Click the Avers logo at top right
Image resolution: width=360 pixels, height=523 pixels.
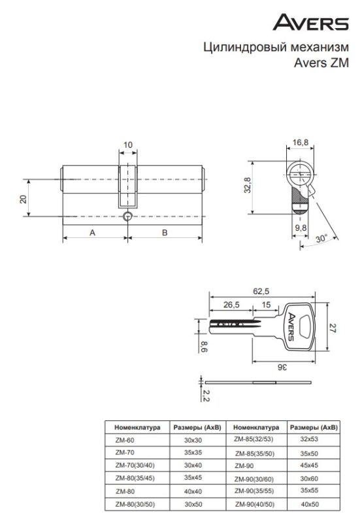pyautogui.click(x=310, y=22)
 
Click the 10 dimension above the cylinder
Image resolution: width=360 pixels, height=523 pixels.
pyautogui.click(x=128, y=145)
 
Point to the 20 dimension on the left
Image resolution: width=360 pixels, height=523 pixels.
pyautogui.click(x=23, y=199)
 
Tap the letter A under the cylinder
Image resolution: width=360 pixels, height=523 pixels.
pyautogui.click(x=92, y=233)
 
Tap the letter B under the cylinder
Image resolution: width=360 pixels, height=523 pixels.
pyautogui.click(x=165, y=233)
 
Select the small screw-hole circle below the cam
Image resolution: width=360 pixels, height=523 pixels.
pyautogui.click(x=127, y=216)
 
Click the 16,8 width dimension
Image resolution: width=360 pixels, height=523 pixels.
pyautogui.click(x=301, y=143)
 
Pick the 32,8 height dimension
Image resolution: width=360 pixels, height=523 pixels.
pyautogui.click(x=248, y=185)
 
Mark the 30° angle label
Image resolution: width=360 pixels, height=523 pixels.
pyautogui.click(x=321, y=239)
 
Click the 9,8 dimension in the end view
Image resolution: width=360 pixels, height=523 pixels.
pyautogui.click(x=301, y=228)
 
